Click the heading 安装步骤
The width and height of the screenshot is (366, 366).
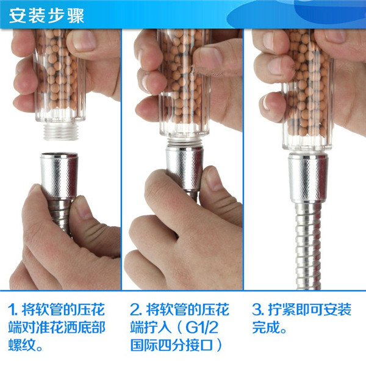pos(46,16)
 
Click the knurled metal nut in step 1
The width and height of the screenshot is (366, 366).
pos(59,175)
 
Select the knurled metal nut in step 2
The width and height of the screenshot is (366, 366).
pos(184,167)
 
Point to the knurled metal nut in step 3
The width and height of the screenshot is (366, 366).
pos(308,178)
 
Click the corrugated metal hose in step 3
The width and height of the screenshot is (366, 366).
pos(308,246)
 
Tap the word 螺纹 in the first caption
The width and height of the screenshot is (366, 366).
pos(23,345)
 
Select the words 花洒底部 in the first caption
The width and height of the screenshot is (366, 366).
pos(77,327)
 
